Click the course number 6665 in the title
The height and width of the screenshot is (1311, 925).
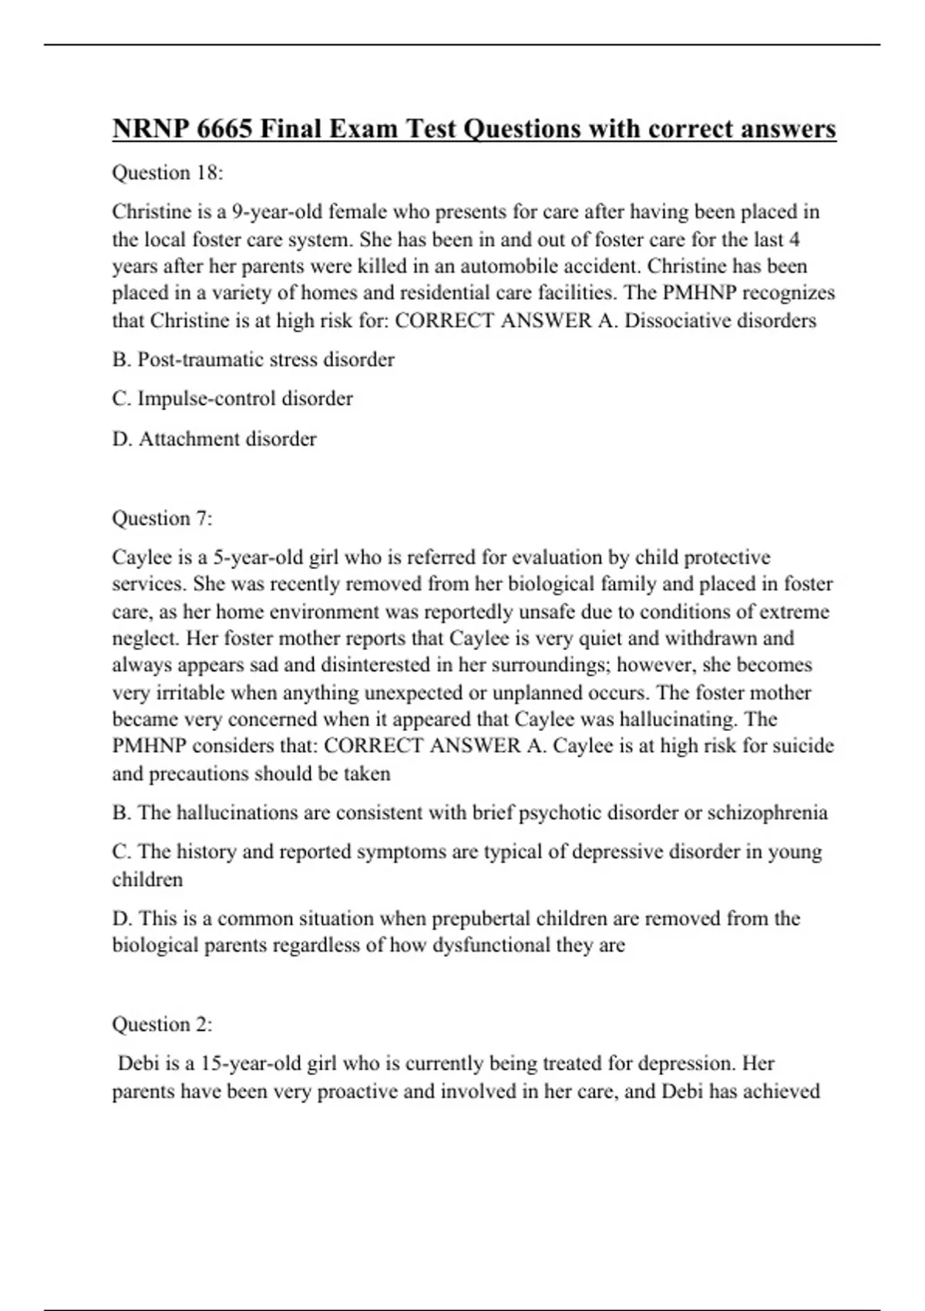pyautogui.click(x=224, y=129)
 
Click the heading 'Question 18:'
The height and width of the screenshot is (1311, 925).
pyautogui.click(x=167, y=173)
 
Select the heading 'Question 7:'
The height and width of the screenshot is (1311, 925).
pyautogui.click(x=162, y=518)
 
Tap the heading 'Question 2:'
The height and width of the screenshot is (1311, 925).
pyautogui.click(x=162, y=1024)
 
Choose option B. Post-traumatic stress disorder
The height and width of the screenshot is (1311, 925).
pyautogui.click(x=253, y=359)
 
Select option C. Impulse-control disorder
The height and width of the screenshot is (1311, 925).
pyautogui.click(x=232, y=399)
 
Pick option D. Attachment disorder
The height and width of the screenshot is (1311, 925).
pyautogui.click(x=214, y=439)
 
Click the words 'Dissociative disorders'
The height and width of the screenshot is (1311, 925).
pyautogui.click(x=720, y=321)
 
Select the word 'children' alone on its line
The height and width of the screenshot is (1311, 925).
pyautogui.click(x=147, y=880)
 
